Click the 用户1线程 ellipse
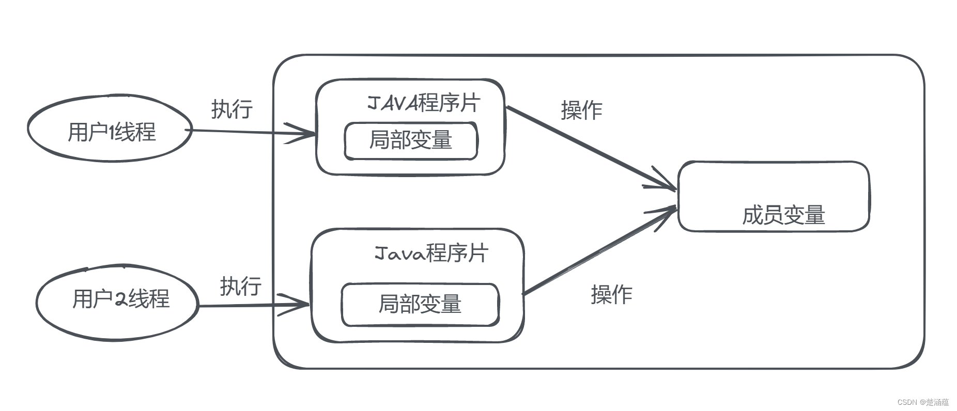click(110, 129)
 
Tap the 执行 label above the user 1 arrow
click(231, 109)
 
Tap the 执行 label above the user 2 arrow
click(240, 286)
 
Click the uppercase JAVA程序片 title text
click(424, 103)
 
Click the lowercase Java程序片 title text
click(430, 254)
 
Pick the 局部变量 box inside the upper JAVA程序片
click(411, 140)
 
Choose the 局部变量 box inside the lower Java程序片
click(420, 304)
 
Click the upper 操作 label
click(582, 110)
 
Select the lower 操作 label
click(611, 294)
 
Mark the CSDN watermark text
click(923, 402)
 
